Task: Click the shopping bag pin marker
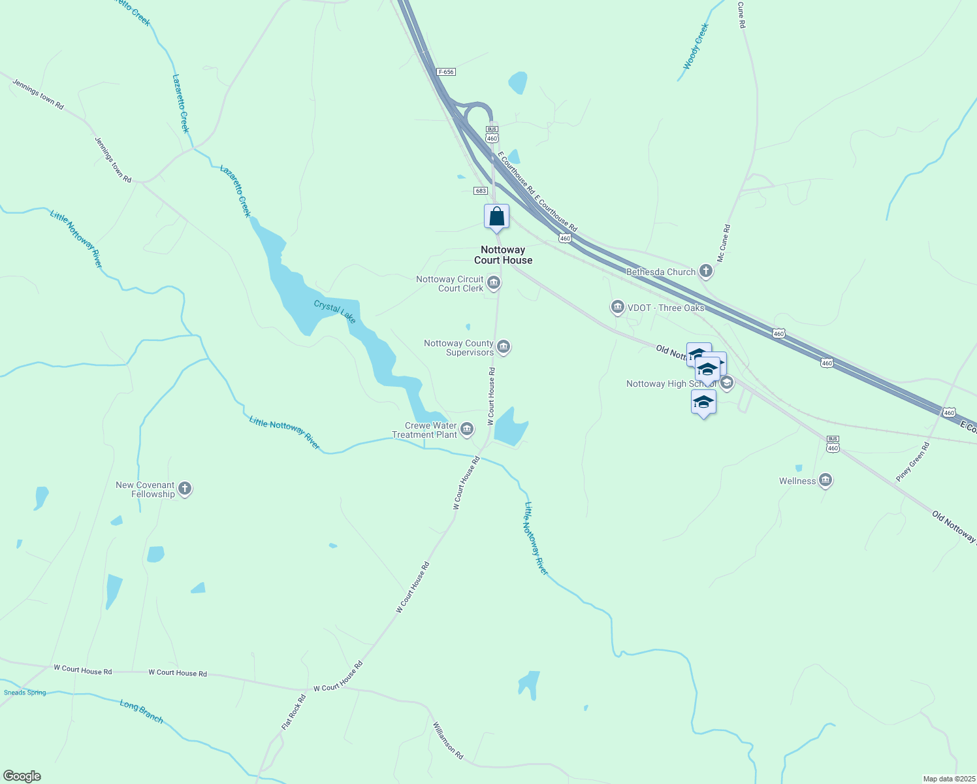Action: coord(496,217)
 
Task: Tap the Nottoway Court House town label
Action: coord(503,255)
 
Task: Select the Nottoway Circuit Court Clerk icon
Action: coord(494,283)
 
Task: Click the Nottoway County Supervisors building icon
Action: coord(504,347)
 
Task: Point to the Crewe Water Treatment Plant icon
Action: coord(467,429)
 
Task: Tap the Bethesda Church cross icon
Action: coord(705,271)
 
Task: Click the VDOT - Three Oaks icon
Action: coord(617,307)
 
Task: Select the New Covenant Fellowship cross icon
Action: coord(185,489)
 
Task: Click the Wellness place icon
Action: coord(825,481)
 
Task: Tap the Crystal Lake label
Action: coord(335,312)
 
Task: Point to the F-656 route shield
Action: coord(446,72)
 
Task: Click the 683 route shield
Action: coord(481,191)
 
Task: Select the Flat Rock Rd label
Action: coord(294,713)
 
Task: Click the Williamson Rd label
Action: coord(448,740)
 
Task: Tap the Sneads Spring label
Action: coord(25,693)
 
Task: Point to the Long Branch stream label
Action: coord(142,711)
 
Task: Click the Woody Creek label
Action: coord(696,46)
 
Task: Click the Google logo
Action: coord(22,776)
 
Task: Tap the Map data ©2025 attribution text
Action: coord(949,779)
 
